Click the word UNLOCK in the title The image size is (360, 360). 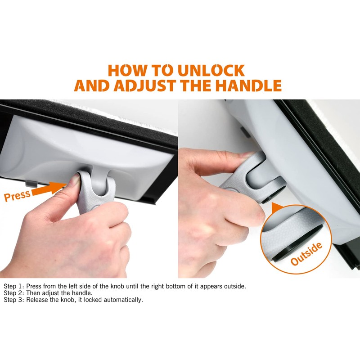(211, 70)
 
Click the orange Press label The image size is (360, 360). (17, 196)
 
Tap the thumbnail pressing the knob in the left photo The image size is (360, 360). (76, 179)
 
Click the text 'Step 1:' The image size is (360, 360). (14, 286)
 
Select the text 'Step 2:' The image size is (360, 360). (14, 293)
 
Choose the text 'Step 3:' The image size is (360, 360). (14, 300)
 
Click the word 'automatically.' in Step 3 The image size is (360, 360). (123, 300)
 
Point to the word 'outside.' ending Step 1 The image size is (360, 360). (235, 286)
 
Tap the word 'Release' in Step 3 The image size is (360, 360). (37, 300)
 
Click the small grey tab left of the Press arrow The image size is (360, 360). (32, 183)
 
